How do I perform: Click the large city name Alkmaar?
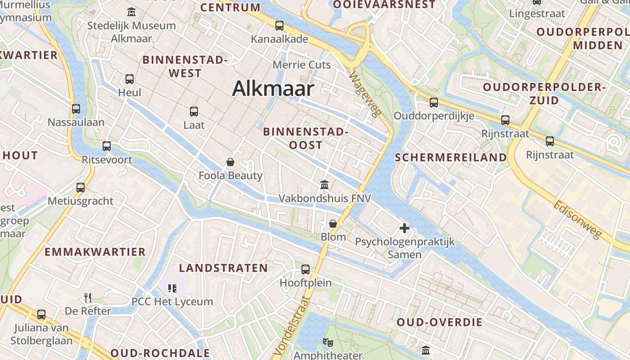(273, 89)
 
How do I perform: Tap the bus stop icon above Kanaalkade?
(279, 26)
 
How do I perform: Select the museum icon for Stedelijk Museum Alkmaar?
(131, 11)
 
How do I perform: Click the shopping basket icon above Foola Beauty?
(230, 162)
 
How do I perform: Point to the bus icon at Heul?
(130, 79)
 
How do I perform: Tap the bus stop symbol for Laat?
(194, 111)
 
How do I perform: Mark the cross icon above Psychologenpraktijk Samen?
(405, 228)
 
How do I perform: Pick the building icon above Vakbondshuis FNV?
(324, 184)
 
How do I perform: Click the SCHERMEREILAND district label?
(450, 157)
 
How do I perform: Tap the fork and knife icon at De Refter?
(88, 297)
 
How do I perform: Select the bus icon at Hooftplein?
(306, 270)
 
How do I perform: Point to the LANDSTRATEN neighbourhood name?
(223, 268)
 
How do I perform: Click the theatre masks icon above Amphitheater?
(328, 342)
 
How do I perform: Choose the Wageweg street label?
(363, 95)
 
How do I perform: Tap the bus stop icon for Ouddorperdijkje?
(434, 103)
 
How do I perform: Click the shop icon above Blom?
(333, 224)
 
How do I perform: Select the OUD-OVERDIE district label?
(439, 322)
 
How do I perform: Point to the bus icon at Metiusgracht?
(81, 187)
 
